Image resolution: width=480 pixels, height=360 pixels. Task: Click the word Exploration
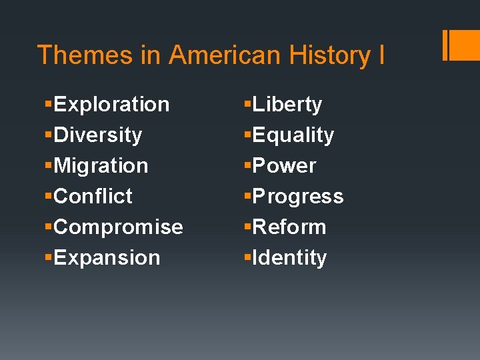click(x=111, y=105)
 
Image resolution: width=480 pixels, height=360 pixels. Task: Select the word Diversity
click(x=98, y=135)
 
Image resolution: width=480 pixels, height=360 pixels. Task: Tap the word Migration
click(x=101, y=166)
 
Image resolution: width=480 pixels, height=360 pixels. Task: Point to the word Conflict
click(x=93, y=197)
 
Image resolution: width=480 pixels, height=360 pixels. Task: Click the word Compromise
click(x=118, y=227)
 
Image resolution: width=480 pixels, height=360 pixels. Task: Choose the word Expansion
click(x=107, y=258)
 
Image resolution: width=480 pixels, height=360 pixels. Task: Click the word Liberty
click(x=287, y=105)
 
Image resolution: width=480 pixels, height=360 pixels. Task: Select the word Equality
click(x=293, y=135)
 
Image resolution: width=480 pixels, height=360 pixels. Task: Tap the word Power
click(x=284, y=166)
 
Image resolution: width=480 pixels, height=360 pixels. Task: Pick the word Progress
click(x=297, y=197)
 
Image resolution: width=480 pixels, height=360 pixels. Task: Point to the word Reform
click(x=289, y=227)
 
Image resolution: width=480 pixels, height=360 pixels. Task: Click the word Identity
click(x=289, y=258)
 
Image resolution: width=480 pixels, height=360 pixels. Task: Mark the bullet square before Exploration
click(x=48, y=105)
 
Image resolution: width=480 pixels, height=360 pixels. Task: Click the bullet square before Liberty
click(x=247, y=105)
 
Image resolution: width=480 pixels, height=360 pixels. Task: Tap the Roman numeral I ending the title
click(x=381, y=55)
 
